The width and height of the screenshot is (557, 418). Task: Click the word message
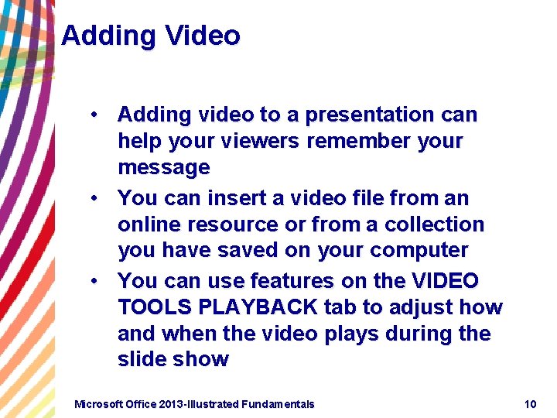coord(163,168)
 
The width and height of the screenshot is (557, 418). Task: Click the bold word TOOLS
coord(155,307)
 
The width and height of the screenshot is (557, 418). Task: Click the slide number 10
coord(530,404)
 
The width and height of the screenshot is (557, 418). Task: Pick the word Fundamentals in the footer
coord(278,404)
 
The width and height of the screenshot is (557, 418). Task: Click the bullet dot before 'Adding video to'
coord(92,115)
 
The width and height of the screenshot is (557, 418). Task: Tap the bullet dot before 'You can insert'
coord(92,198)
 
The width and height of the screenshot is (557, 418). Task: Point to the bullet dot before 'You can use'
coord(92,281)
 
